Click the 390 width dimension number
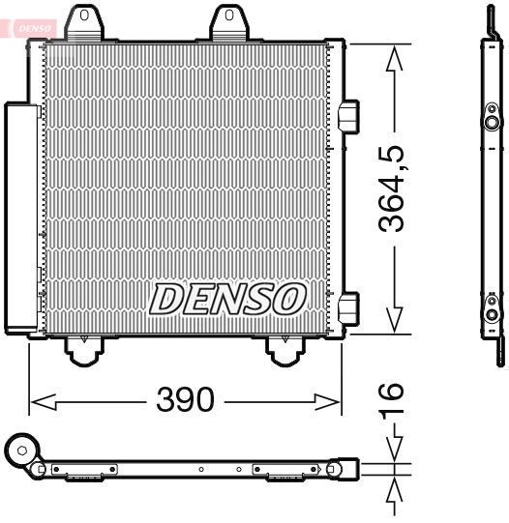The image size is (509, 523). (x=185, y=400)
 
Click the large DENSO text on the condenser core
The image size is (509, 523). (x=228, y=299)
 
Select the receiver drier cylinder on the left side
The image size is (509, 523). (x=20, y=218)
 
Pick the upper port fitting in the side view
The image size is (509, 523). (x=492, y=124)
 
